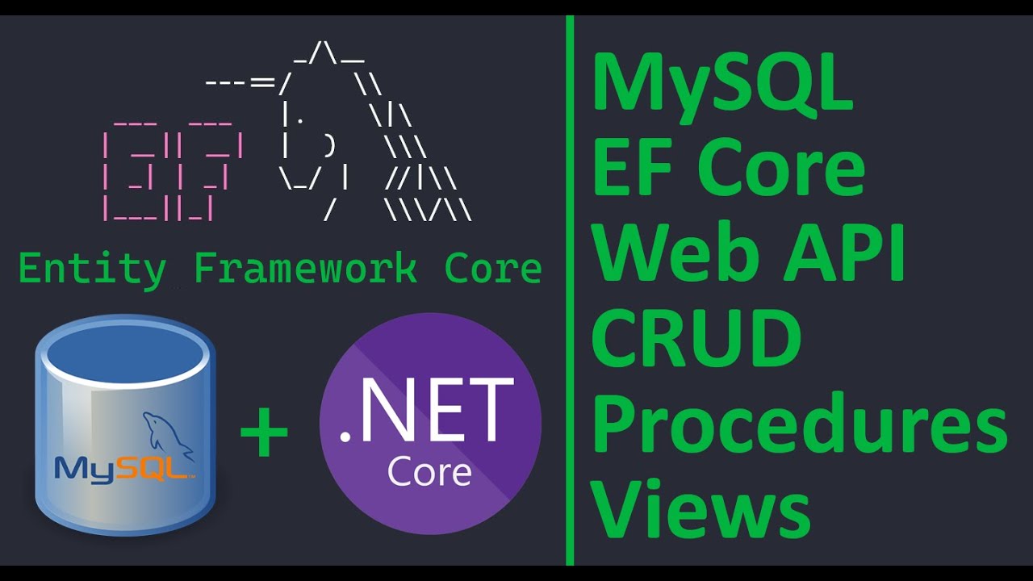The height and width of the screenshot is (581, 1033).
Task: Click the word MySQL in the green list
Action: (x=723, y=85)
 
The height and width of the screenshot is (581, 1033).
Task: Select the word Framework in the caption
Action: (x=306, y=269)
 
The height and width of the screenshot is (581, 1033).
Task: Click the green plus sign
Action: (x=264, y=433)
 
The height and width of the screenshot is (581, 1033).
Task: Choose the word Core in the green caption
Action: (x=493, y=269)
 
